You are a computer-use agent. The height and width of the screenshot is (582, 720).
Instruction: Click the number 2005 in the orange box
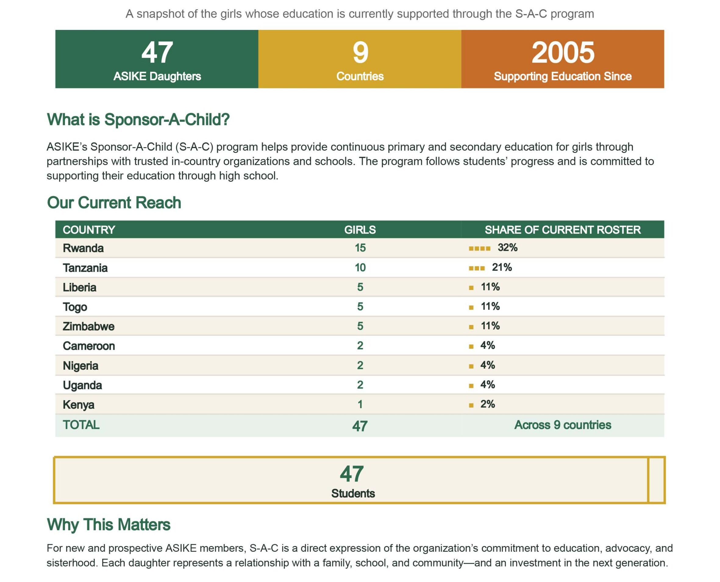[563, 52]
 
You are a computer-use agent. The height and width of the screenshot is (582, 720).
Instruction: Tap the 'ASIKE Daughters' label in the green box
[157, 76]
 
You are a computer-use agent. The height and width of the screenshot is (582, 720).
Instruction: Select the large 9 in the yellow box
[360, 52]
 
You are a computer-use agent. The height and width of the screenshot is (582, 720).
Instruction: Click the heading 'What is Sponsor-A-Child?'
[138, 119]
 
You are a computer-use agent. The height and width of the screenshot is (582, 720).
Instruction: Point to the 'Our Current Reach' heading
[114, 202]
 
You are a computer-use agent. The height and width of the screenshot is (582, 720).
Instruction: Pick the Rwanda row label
[83, 248]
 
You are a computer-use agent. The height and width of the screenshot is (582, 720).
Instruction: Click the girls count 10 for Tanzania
[360, 268]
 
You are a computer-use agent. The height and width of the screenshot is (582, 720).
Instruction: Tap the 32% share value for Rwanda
[507, 248]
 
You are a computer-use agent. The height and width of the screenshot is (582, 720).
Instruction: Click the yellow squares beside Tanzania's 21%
[476, 268]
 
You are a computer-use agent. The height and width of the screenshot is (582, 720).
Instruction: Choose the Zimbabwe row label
[88, 326]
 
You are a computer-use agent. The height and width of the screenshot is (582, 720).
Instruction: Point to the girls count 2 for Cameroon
[360, 346]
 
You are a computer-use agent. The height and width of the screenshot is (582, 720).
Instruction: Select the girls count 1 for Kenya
[360, 404]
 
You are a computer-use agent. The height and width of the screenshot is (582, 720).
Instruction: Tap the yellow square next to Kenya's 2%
[471, 405]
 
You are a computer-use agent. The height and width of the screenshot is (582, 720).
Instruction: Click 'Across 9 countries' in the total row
[563, 425]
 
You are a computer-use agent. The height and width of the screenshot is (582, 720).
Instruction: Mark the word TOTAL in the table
[81, 425]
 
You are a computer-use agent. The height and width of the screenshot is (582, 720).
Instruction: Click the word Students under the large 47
[353, 493]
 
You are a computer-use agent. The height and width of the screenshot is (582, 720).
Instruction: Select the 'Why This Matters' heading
[109, 525]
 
